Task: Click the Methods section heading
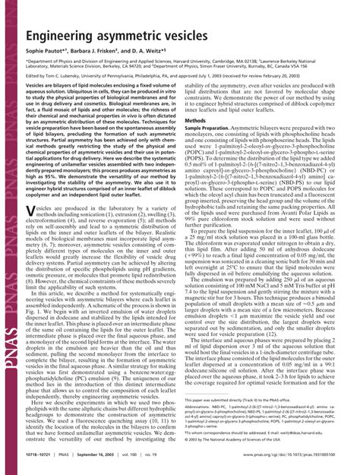coord(195,120)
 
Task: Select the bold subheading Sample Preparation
coord(213,129)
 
